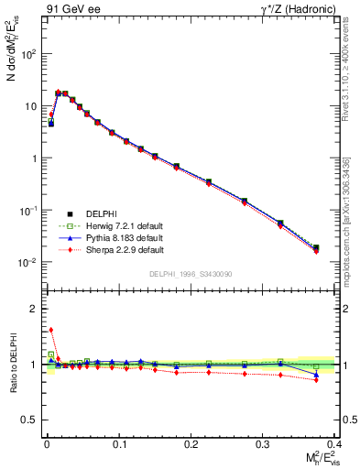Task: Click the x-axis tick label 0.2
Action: pyautogui.click(x=191, y=443)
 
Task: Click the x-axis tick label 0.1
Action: pyautogui.click(x=119, y=443)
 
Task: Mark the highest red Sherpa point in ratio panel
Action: pyautogui.click(x=50, y=330)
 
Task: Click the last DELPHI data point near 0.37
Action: pyautogui.click(x=316, y=247)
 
